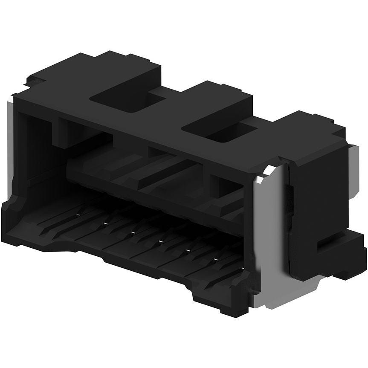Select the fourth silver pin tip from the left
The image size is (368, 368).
(161, 241)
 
